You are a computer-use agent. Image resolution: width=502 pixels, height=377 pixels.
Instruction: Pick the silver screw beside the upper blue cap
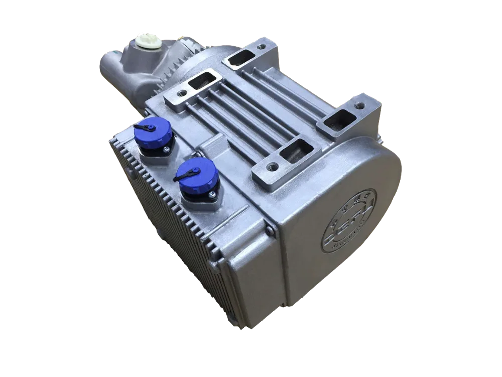pyautogui.click(x=164, y=150)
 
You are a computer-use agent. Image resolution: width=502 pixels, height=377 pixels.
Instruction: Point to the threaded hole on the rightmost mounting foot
pyautogui.click(x=359, y=106)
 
